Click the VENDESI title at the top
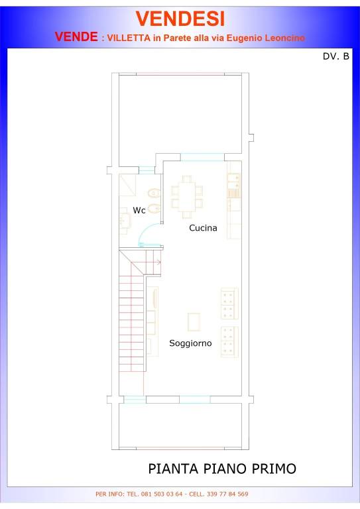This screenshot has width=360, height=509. click(180, 19)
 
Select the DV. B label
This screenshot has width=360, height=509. click(335, 56)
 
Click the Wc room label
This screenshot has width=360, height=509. click(139, 210)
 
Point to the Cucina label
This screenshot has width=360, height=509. click(203, 228)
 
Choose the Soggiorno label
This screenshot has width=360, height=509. click(190, 343)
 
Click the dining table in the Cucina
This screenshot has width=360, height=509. click(187, 197)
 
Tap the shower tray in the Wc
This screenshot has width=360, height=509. click(127, 185)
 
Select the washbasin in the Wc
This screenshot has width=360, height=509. click(125, 221)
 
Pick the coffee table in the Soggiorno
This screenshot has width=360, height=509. click(194, 321)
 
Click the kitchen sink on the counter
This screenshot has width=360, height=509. click(233, 182)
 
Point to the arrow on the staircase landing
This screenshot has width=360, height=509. click(158, 262)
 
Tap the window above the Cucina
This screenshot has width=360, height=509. click(202, 157)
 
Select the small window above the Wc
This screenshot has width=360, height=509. click(147, 170)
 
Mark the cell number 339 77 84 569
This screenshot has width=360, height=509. click(227, 494)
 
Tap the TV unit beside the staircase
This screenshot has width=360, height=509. click(152, 321)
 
